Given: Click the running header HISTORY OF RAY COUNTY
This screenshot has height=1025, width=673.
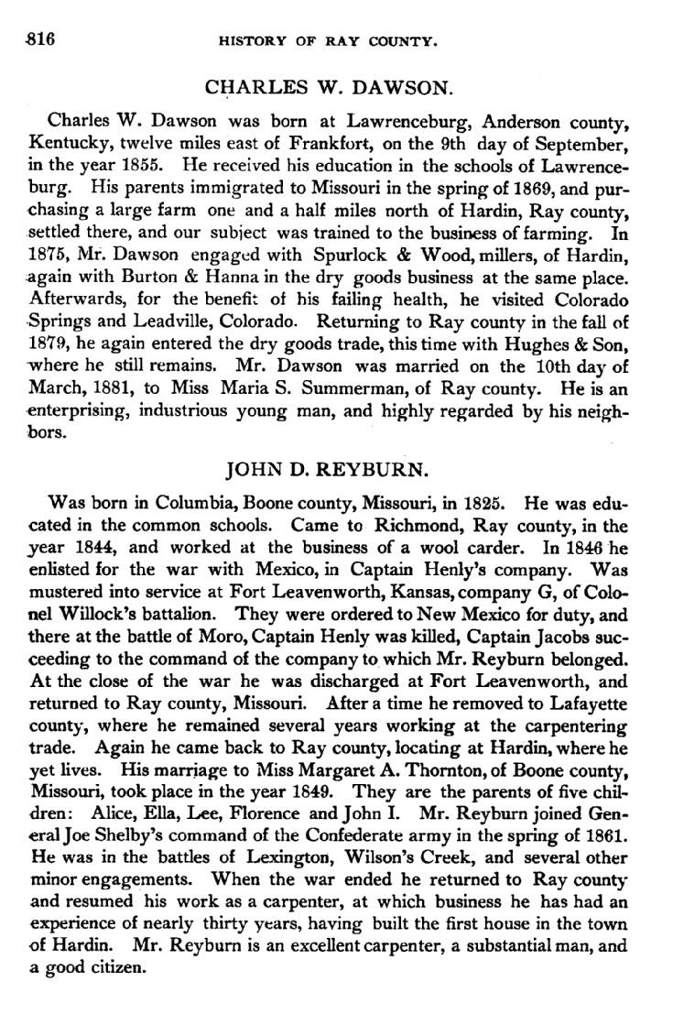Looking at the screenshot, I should click(338, 40).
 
